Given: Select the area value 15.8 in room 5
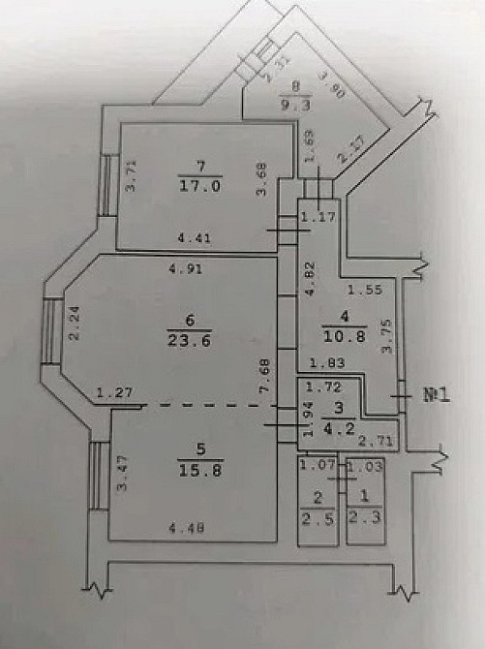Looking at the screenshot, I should pyautogui.click(x=199, y=472).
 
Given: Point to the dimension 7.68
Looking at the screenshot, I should pyautogui.click(x=264, y=373).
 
